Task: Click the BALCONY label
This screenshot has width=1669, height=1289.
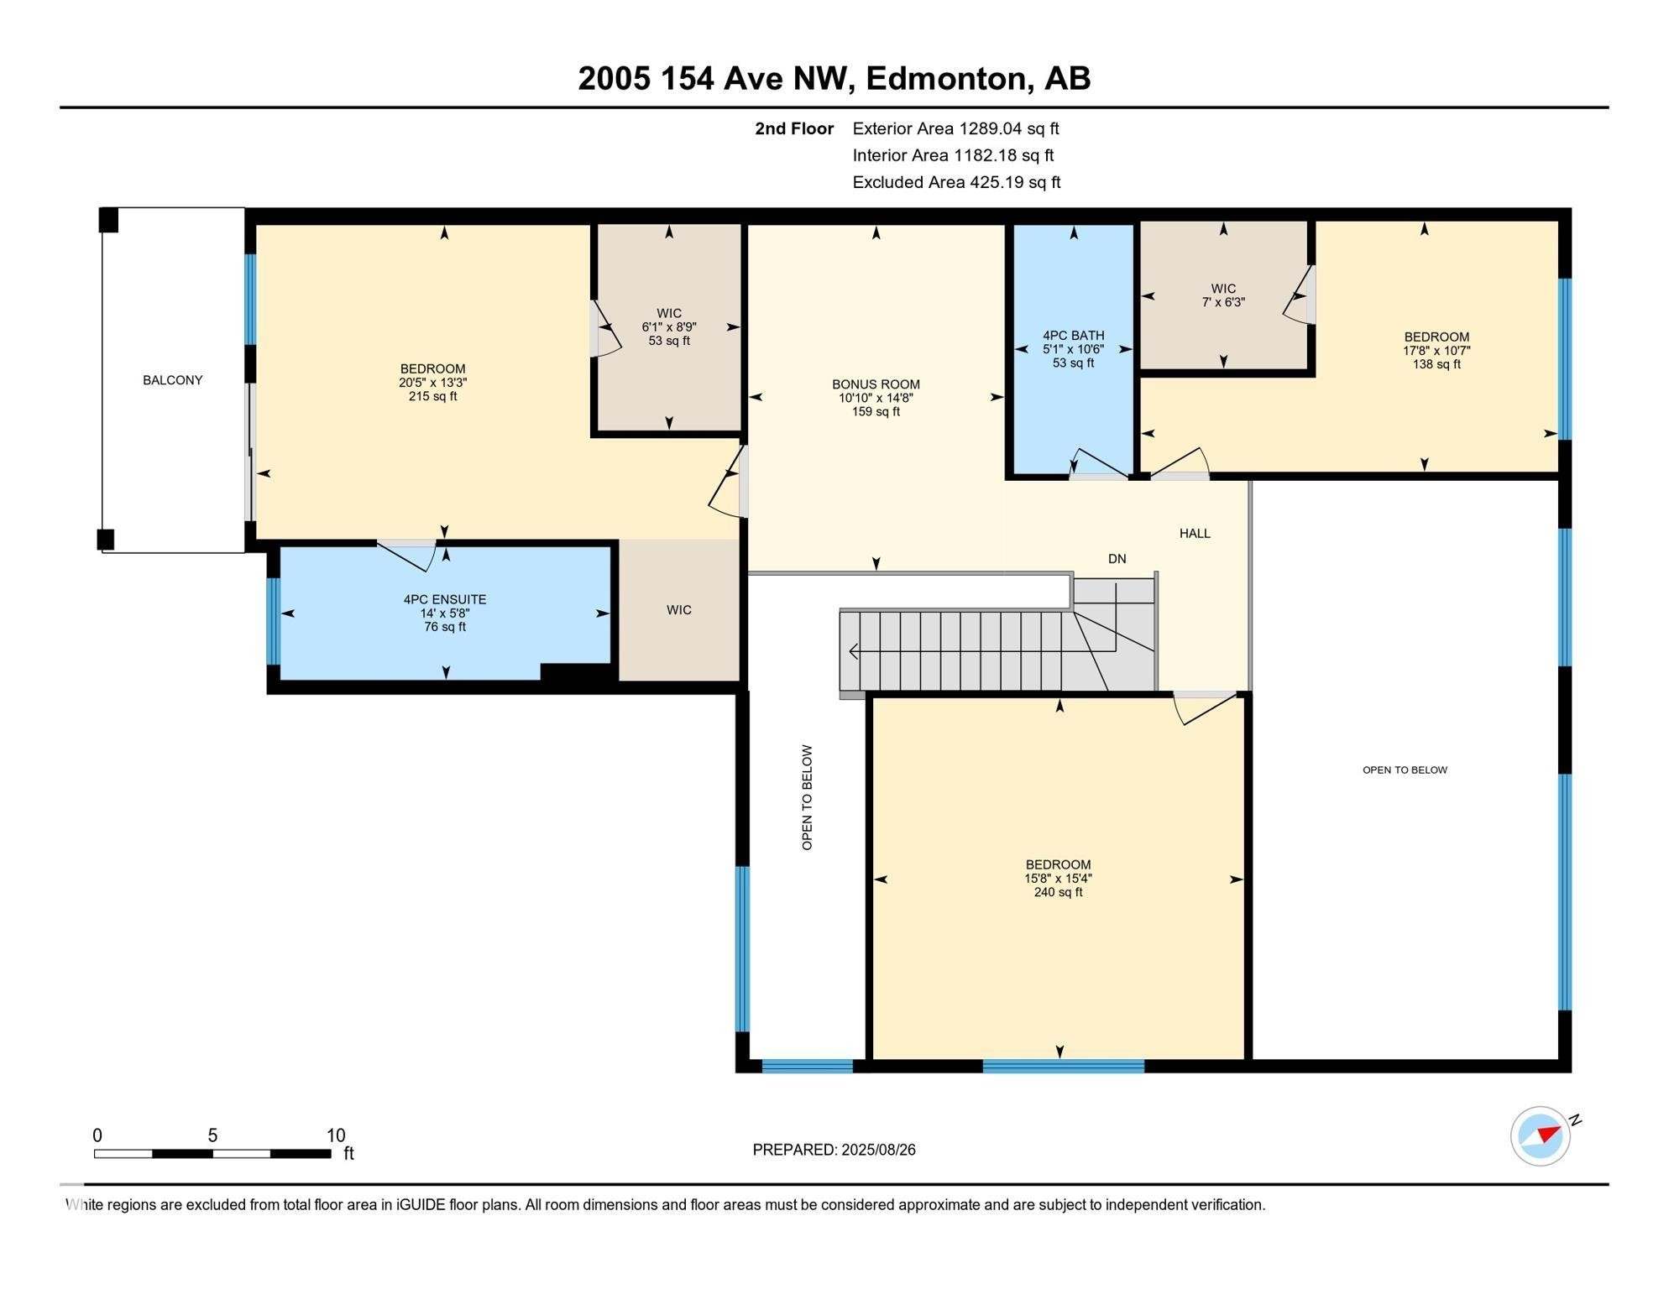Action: (172, 380)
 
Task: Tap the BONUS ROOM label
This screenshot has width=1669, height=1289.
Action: (876, 384)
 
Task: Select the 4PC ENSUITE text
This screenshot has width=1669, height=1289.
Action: (444, 599)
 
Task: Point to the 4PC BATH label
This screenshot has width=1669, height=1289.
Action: (1073, 335)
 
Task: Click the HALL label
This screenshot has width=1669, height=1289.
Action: (1194, 533)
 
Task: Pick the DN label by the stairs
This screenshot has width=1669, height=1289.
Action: (1117, 559)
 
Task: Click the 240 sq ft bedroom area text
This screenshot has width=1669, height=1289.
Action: (1058, 892)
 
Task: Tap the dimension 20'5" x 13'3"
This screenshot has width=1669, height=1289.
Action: (432, 382)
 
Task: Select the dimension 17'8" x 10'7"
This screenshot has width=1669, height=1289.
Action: (1436, 351)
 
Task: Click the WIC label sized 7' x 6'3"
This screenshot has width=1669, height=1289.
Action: (1223, 289)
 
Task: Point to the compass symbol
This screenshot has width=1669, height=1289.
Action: (1541, 1136)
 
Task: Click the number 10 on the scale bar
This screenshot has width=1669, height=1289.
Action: (335, 1135)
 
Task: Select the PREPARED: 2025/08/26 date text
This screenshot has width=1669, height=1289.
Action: (834, 1150)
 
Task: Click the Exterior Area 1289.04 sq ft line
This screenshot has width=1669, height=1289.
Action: (955, 128)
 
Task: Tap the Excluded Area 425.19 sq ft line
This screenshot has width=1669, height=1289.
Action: (956, 182)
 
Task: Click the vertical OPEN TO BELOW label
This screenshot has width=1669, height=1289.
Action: (807, 797)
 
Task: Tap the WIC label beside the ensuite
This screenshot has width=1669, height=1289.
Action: (679, 610)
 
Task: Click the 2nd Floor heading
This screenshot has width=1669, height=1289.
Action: (793, 128)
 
